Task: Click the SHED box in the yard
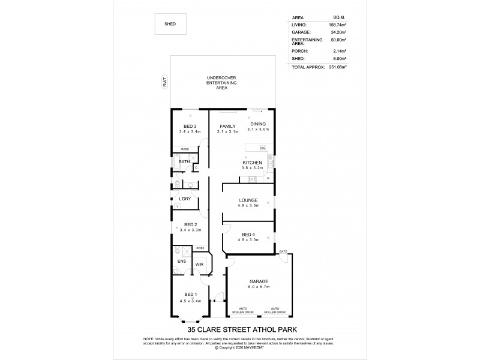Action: pyautogui.click(x=170, y=23)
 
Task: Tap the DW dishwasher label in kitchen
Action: pyautogui.click(x=262, y=148)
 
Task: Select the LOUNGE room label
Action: pyautogui.click(x=248, y=200)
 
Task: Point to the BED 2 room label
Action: pyautogui.click(x=190, y=224)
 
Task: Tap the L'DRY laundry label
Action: pyautogui.click(x=185, y=199)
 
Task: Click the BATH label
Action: pyautogui.click(x=184, y=161)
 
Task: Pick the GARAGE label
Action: pyautogui.click(x=259, y=281)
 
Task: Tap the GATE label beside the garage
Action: pyautogui.click(x=283, y=250)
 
